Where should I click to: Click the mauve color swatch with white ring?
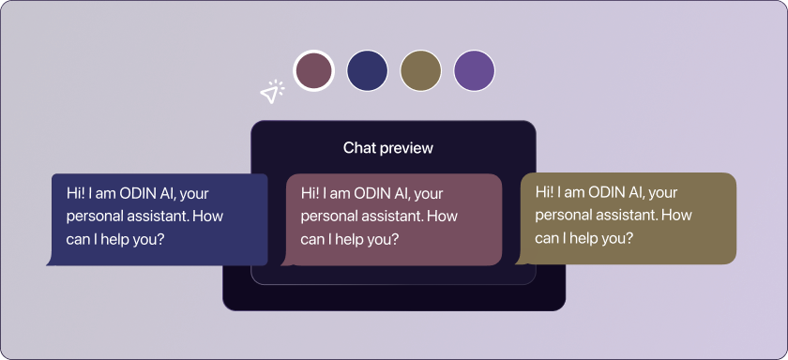coord(313,71)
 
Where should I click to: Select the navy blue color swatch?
coord(368,71)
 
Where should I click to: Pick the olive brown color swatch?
coord(420,71)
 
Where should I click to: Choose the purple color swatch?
coord(474,71)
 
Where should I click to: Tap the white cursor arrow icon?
coord(271,92)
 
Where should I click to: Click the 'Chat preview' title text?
coord(388,148)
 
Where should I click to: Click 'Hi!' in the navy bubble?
coord(74,193)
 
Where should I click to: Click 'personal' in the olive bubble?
coord(555,217)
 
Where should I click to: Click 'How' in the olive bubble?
coord(676,216)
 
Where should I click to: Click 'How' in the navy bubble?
coord(207,217)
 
